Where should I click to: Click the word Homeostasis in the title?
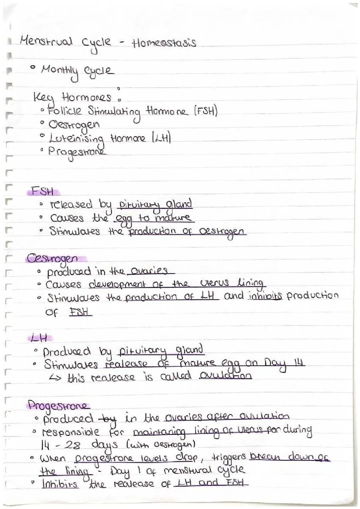click(164, 43)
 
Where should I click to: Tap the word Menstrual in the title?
click(46, 43)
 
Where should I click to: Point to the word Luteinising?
click(77, 139)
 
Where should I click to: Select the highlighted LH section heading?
click(38, 338)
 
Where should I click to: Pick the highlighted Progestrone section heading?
click(58, 406)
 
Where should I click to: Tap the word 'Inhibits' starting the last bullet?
click(60, 484)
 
